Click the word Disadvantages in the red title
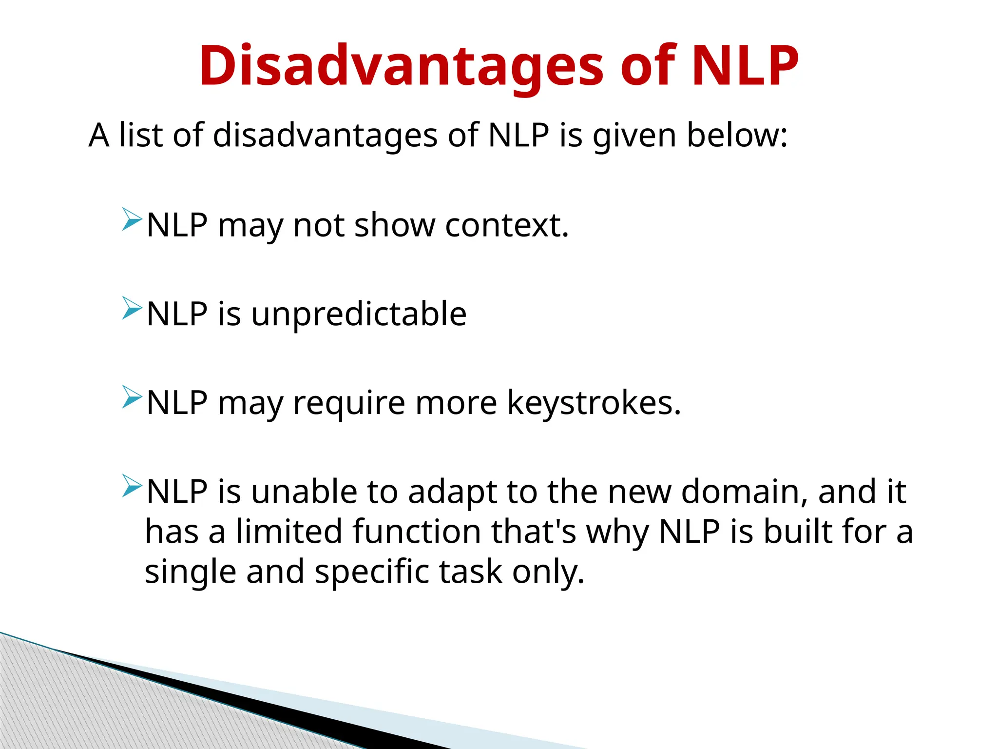[x=401, y=66]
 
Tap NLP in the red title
[x=745, y=66]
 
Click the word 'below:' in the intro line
[x=737, y=135]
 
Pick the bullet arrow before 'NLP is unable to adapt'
[x=132, y=486]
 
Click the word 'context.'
[x=507, y=225]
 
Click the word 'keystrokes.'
[x=594, y=403]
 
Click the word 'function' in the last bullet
[x=417, y=532]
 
